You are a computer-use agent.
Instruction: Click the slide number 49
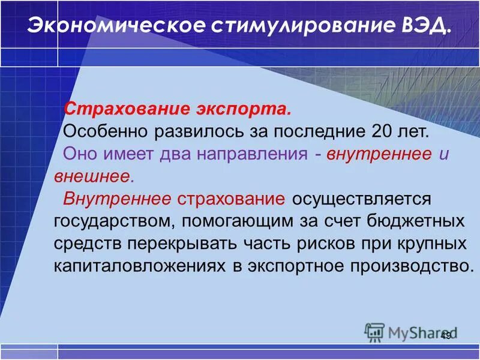coord(445,335)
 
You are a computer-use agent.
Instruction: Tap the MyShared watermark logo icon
coord(374,332)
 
